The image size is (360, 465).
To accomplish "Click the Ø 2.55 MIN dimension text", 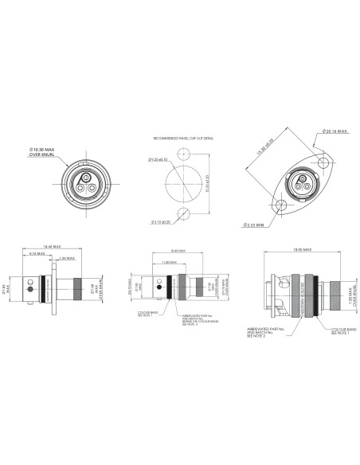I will pyautogui.click(x=256, y=225).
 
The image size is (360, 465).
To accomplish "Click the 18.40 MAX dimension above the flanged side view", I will pyautogui.click(x=53, y=246).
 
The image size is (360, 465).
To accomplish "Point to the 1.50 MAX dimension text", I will pyautogui.click(x=67, y=259).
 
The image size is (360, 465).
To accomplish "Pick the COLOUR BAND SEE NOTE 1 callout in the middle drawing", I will pyautogui.click(x=147, y=314).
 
